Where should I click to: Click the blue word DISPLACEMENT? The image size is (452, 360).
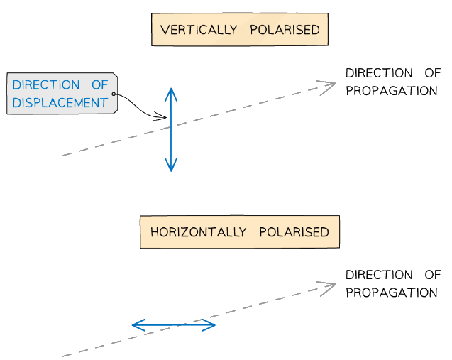pyautogui.click(x=60, y=103)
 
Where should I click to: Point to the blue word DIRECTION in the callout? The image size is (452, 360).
pyautogui.click(x=46, y=85)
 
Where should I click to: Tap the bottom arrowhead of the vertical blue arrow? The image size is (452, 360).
pyautogui.click(x=170, y=168)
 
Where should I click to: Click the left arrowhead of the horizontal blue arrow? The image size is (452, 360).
pyautogui.click(x=136, y=325)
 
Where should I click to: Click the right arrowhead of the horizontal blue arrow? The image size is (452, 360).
pyautogui.click(x=211, y=325)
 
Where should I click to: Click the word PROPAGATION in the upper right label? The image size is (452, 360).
pyautogui.click(x=391, y=91)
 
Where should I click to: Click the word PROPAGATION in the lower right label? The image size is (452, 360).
pyautogui.click(x=391, y=293)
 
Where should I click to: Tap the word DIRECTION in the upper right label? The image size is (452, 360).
pyautogui.click(x=378, y=73)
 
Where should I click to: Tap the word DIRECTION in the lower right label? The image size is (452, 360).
pyautogui.click(x=378, y=275)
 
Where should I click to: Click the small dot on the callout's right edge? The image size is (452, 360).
pyautogui.click(x=114, y=94)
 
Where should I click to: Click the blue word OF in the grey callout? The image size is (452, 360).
pyautogui.click(x=99, y=85)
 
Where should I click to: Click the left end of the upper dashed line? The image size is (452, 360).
pyautogui.click(x=64, y=155)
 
